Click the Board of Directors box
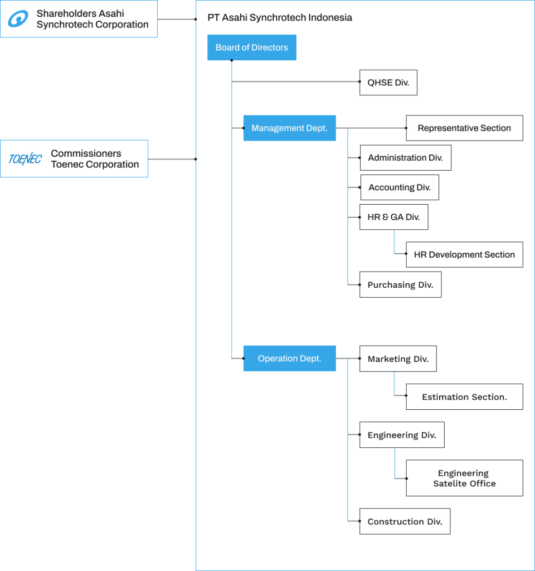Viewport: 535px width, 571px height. pos(251,48)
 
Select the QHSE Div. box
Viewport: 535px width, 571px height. pos(388,83)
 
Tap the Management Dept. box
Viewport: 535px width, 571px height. pos(289,128)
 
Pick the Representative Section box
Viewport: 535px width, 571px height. pos(464,128)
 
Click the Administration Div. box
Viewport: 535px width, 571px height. pos(405,158)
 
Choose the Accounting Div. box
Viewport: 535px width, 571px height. pos(399,187)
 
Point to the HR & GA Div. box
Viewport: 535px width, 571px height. pos(393,217)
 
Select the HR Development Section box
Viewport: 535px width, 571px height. pos(464,255)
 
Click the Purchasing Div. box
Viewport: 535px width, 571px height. pos(400,285)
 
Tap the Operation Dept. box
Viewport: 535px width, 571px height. pos(289,359)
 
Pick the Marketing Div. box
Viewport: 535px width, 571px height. pos(397,359)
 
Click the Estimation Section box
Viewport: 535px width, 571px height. pos(464,397)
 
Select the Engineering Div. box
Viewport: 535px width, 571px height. pos(401,435)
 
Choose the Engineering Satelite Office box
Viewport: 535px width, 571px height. pos(464,478)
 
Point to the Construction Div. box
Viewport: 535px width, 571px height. pos(405,522)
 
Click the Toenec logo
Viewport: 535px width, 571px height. pos(25,159)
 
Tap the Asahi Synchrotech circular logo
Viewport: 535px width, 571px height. pos(18,20)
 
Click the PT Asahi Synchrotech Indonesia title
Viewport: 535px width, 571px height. pos(280,18)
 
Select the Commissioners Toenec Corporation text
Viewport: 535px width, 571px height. pos(95,159)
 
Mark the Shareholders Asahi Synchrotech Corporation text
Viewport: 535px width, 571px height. pos(92,19)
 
